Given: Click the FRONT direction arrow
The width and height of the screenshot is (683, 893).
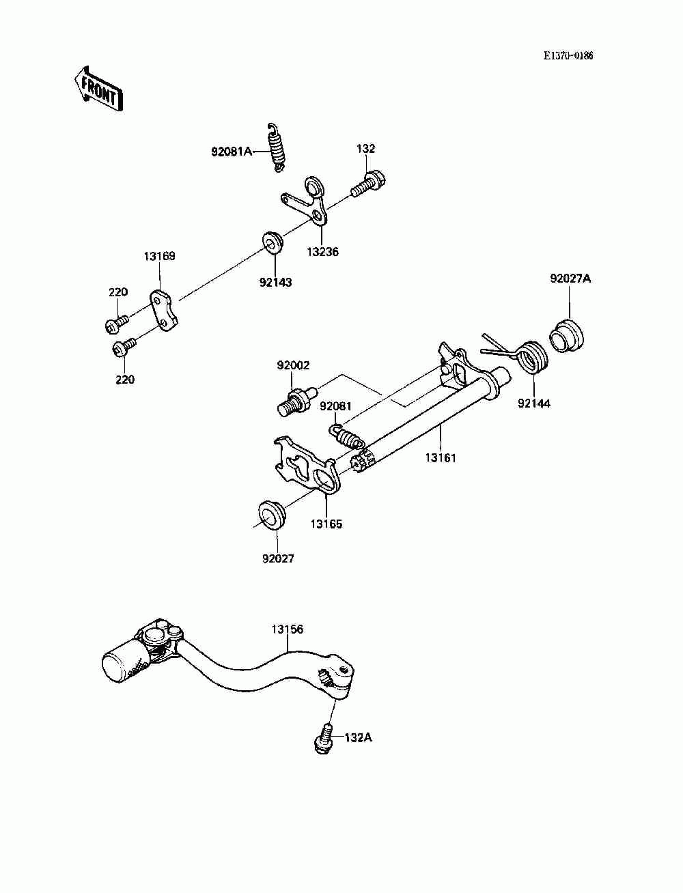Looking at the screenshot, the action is click(98, 88).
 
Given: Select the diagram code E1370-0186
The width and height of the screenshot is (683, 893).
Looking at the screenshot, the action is click(568, 55).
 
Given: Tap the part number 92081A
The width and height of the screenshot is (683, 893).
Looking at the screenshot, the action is click(232, 152).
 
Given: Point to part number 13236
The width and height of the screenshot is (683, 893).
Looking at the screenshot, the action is click(322, 252).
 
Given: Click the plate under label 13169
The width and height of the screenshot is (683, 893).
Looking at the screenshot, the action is click(164, 311).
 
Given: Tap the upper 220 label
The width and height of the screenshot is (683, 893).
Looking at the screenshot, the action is click(118, 292).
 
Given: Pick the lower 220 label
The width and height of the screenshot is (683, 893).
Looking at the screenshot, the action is click(124, 379).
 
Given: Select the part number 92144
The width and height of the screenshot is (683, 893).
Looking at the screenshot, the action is click(533, 403).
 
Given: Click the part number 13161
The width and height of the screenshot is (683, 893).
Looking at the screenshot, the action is click(441, 457).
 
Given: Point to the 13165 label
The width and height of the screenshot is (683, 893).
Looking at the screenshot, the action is click(326, 524).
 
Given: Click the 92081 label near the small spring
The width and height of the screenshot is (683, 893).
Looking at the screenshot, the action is click(335, 406).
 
